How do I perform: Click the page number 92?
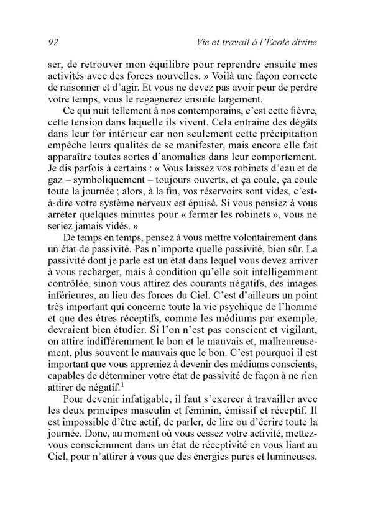(53, 42)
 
